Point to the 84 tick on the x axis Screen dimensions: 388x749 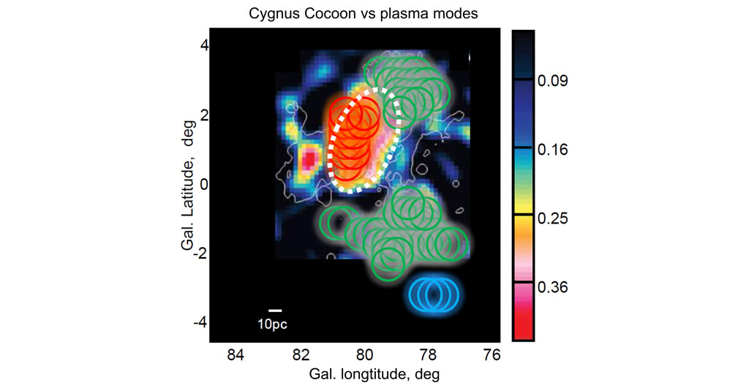point(235,356)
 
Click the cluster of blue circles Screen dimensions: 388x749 point(434,294)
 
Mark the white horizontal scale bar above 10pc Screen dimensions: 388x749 point(275,311)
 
